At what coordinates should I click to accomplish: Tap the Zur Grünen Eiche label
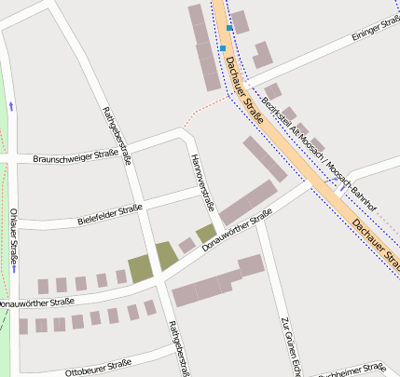(290, 346)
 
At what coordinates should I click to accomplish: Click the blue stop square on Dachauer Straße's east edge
(230, 28)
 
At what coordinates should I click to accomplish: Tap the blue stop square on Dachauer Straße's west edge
(223, 48)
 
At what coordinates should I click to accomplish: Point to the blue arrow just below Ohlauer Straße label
(14, 269)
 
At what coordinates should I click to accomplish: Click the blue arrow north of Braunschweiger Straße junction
(11, 106)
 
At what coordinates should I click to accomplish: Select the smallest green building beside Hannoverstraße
(205, 233)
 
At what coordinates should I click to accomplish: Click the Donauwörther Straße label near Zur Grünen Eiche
(237, 231)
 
